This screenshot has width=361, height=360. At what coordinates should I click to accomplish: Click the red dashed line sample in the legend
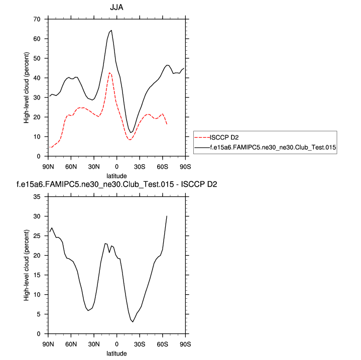[202, 137]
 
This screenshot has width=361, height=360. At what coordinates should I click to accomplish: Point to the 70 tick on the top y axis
[36, 19]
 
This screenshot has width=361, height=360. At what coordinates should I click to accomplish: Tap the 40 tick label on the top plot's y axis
[36, 78]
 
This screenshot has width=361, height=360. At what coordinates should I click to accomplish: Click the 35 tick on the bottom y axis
[36, 196]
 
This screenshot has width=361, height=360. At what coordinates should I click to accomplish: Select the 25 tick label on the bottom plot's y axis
[36, 235]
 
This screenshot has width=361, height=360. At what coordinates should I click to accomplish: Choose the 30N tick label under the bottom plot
[94, 344]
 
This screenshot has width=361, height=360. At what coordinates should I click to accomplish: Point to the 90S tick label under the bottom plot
[185, 344]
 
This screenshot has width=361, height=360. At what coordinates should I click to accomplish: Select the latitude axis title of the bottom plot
[116, 353]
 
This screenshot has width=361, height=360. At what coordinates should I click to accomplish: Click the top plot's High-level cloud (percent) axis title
[27, 88]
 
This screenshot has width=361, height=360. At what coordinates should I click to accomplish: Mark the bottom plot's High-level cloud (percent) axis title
[27, 265]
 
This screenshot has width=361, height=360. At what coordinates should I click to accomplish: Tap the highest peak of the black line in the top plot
[111, 30]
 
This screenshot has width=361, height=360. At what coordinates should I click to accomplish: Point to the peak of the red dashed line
[109, 73]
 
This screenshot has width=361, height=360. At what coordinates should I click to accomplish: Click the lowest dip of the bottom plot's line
[133, 322]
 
